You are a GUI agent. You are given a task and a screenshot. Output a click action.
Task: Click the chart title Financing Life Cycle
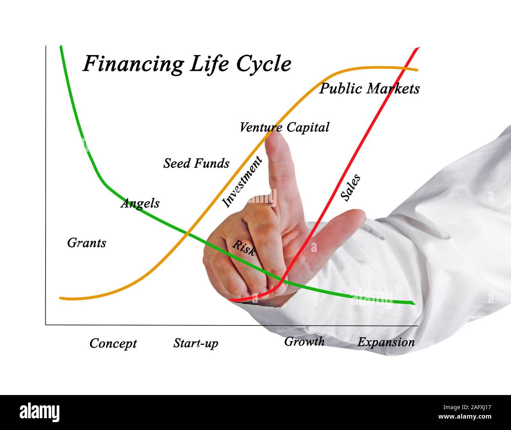187,64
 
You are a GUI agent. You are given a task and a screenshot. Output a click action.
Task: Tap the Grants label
86,243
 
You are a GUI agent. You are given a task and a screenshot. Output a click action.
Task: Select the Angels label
140,203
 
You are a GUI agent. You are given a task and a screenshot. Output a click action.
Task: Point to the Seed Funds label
196,163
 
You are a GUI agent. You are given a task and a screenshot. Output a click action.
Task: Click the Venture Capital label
284,127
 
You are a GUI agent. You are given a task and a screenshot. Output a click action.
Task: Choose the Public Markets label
369,89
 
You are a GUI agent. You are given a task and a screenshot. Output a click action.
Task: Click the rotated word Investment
241,182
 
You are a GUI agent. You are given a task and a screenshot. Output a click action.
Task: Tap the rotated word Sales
350,188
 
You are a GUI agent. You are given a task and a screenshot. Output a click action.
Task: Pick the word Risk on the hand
244,248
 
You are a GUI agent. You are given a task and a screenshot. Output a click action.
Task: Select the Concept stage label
113,343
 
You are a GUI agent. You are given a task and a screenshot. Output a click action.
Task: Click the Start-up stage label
195,343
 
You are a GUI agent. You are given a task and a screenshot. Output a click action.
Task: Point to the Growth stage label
304,342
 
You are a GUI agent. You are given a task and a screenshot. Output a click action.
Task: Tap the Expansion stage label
386,342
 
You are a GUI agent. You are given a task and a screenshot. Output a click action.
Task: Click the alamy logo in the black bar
40,412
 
